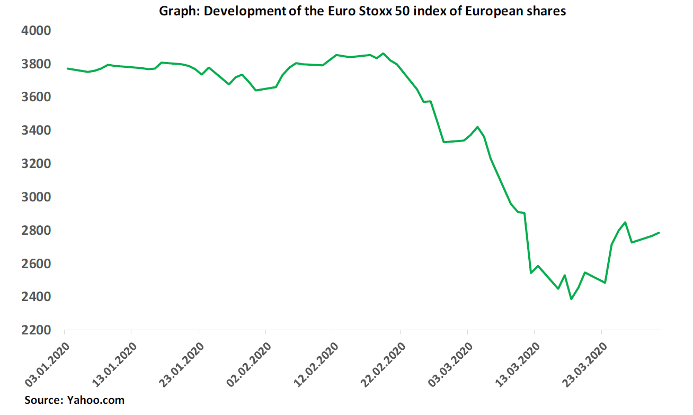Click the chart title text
363,11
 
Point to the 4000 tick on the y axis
35,31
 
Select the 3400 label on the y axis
35,130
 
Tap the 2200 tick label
35,330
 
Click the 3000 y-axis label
35,197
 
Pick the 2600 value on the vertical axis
35,264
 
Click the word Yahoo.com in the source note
96,400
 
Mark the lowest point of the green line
571,299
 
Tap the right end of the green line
659,233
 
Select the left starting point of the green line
67,68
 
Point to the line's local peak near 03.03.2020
478,127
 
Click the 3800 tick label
35,64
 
